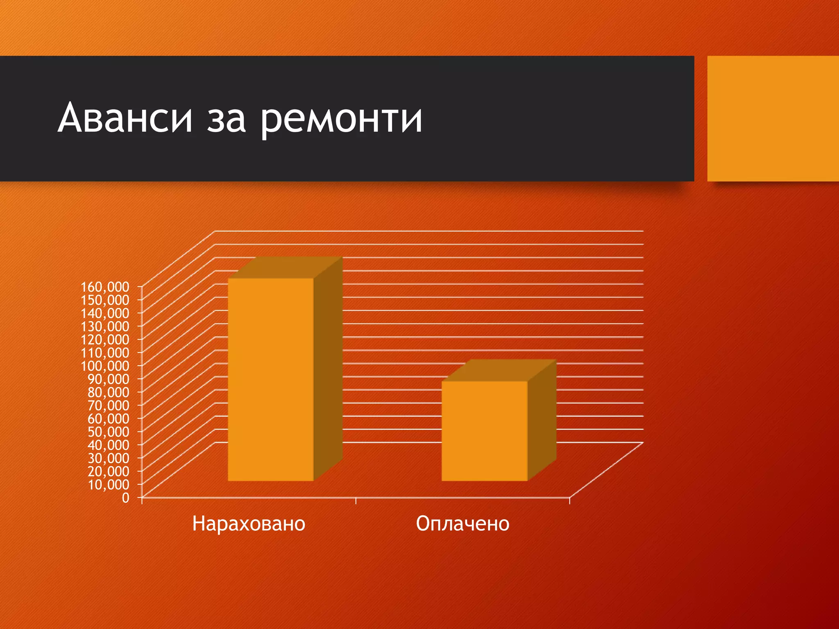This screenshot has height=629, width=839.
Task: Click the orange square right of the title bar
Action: click(773, 118)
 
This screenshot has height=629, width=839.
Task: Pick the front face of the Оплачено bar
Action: click(484, 431)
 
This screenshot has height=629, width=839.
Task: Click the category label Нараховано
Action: click(249, 524)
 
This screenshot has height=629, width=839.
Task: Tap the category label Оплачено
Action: click(463, 524)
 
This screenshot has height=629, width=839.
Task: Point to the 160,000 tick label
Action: click(105, 287)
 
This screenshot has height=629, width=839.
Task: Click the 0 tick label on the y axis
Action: click(125, 498)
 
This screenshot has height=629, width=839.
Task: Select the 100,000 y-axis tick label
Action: click(105, 366)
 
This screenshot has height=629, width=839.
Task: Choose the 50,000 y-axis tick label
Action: click(109, 432)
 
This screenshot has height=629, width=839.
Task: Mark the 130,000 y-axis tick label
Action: click(105, 326)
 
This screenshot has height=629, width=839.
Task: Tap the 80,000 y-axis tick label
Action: click(109, 392)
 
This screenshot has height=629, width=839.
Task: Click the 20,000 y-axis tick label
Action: click(109, 471)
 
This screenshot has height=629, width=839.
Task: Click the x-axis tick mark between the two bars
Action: click(356, 500)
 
